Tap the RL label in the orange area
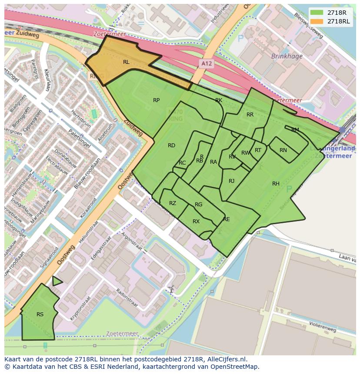[126, 62]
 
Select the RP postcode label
[156, 100]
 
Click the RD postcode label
[171, 146]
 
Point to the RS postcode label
[40, 314]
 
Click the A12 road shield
[207, 63]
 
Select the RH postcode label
[276, 184]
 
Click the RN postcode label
[283, 150]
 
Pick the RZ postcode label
[173, 203]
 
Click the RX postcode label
[196, 222]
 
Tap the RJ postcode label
[231, 181]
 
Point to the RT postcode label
[258, 150]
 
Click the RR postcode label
[250, 115]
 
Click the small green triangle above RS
[56, 281]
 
